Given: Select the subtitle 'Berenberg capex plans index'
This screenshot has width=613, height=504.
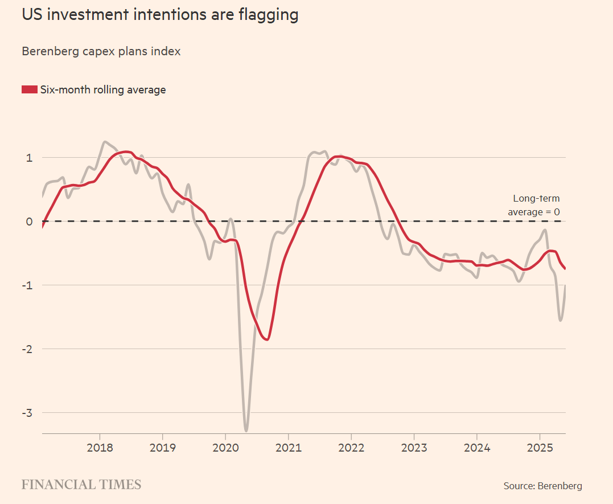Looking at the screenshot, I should point(101,51).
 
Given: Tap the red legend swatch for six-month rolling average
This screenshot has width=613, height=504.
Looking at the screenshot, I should point(30,89).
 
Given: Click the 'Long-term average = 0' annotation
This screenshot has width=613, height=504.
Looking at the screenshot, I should point(534,205).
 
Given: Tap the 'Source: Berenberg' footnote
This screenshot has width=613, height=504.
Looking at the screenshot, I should point(542,486).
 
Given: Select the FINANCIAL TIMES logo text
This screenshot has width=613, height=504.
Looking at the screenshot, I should point(81,485).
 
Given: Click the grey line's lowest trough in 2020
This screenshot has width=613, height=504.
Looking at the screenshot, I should point(246,430).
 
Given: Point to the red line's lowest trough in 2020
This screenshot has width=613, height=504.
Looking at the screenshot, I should point(267,339).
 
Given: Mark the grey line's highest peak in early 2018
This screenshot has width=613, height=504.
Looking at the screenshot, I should point(105,142).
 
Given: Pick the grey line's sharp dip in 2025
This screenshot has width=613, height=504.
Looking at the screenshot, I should point(561,320).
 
